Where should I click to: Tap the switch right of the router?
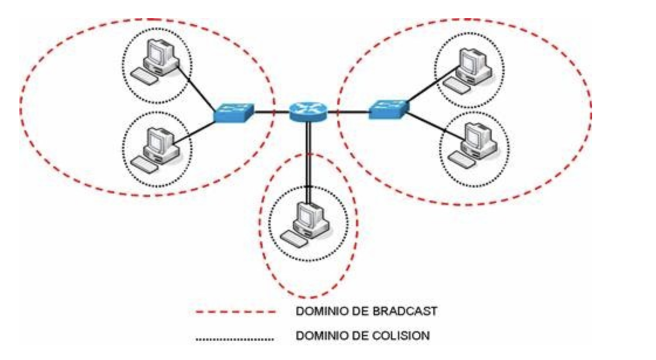pos(389,109)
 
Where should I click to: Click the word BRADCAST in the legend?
pos(405,311)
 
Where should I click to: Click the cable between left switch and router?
pos(271,111)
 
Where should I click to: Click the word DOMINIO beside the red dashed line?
pos(319,311)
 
